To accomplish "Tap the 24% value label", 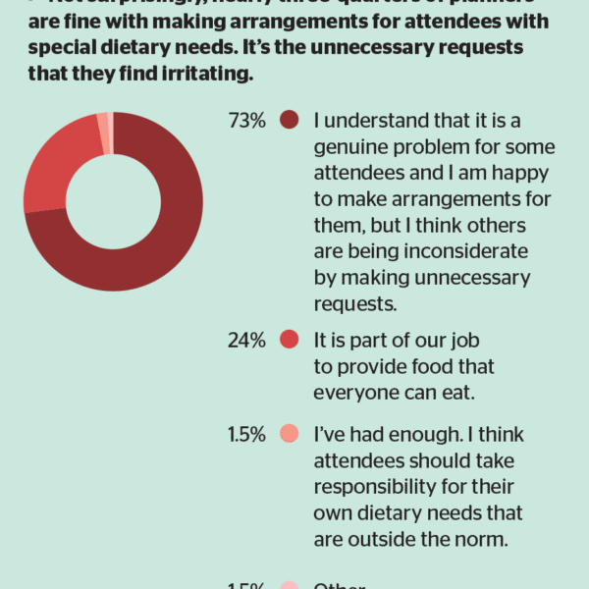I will pos(246,340).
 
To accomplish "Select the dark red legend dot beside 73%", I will pos(289,121).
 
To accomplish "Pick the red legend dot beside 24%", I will pos(289,340).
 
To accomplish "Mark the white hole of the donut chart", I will pos(113,201).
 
